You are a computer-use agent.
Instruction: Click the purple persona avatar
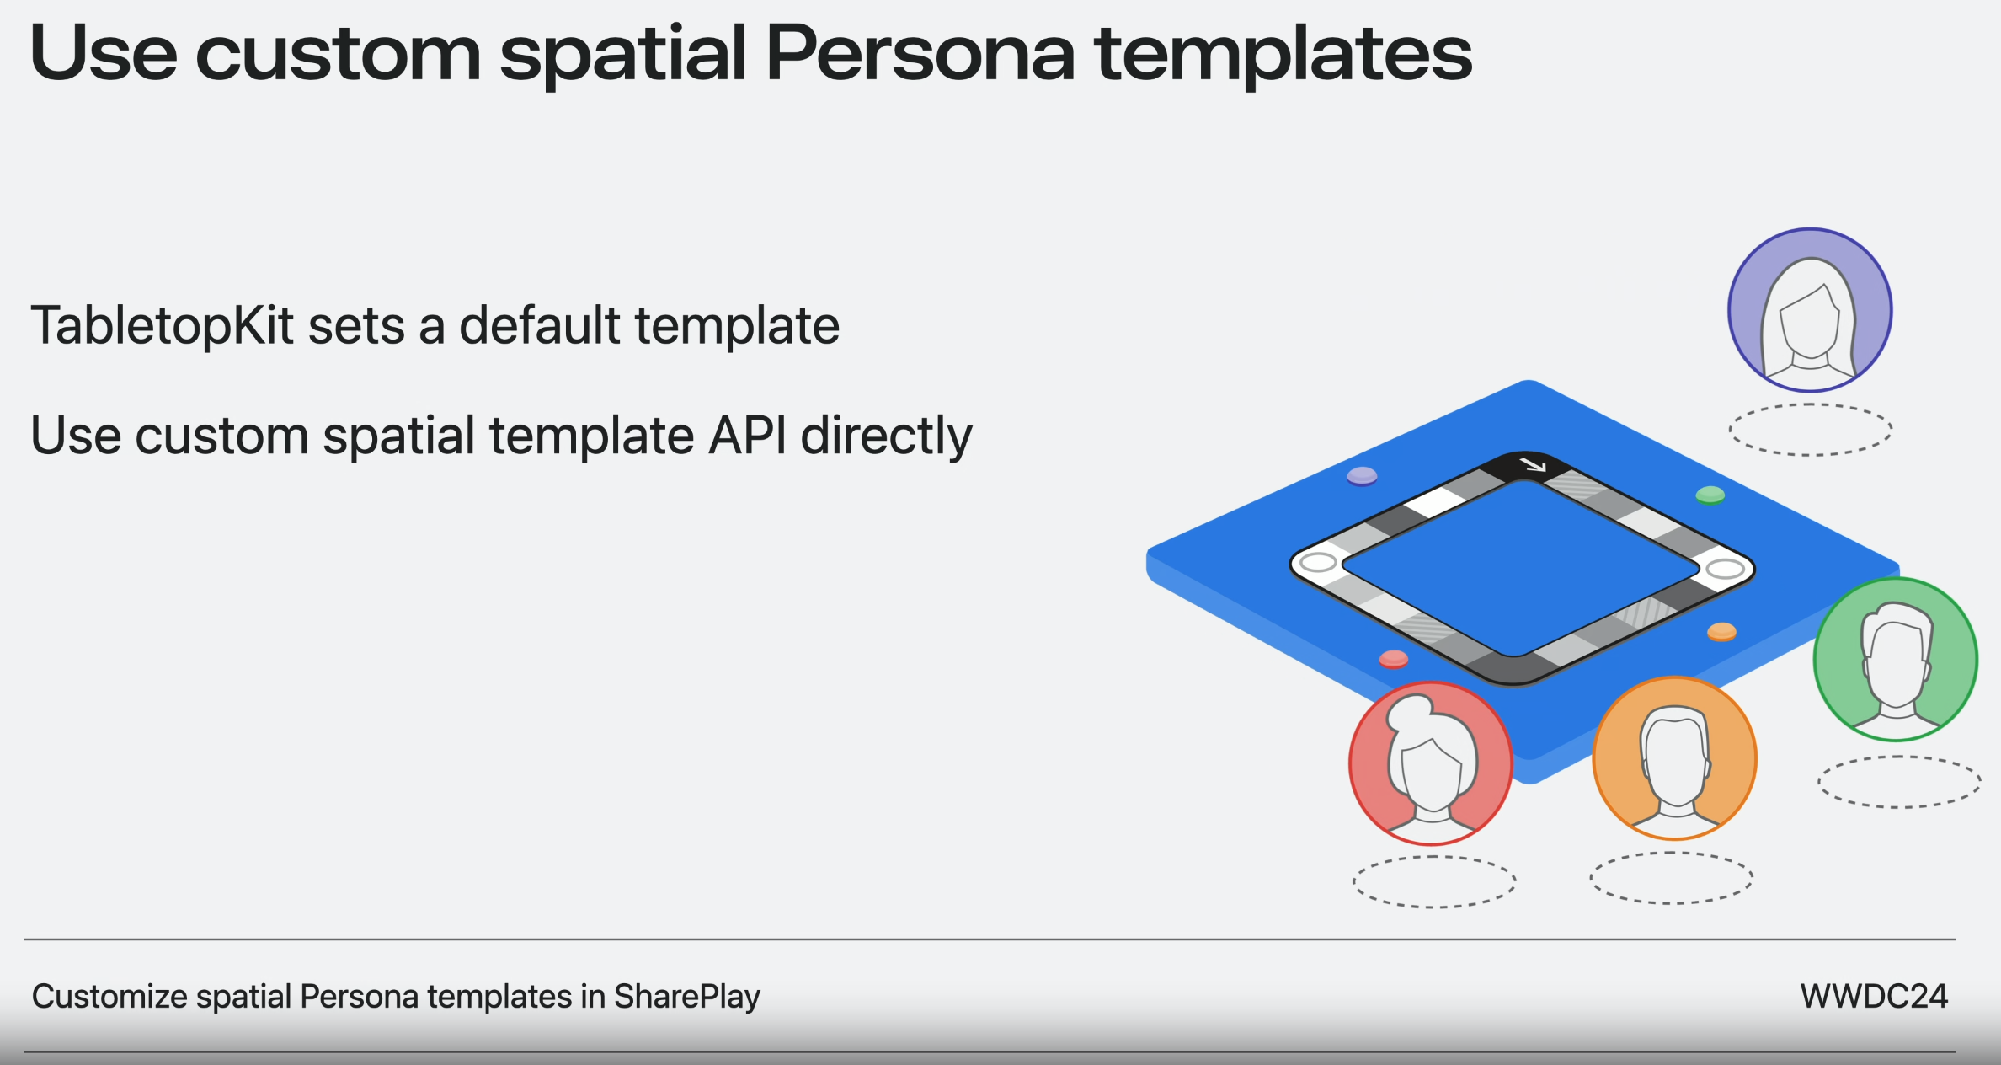coord(1810,310)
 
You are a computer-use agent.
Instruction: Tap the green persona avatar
coord(1895,659)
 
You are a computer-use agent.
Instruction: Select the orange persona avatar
coord(1674,758)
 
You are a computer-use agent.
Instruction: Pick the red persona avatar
coord(1431,763)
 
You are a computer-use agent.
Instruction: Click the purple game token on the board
coord(1362,476)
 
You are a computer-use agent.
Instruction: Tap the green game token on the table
coord(1710,495)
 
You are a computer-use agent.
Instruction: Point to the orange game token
coord(1721,631)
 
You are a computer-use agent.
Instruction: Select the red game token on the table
coord(1394,658)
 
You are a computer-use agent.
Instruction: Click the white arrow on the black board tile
coord(1532,464)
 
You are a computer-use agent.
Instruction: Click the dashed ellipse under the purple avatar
coord(1810,430)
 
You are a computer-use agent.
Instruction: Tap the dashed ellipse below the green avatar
coord(1898,782)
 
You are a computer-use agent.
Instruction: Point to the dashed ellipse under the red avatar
coord(1434,881)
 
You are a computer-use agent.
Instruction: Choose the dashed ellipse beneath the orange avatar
coord(1671,878)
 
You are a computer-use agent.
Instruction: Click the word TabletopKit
coord(162,326)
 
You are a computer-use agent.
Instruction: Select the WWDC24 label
coord(1873,997)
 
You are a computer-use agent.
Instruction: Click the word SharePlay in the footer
coord(686,997)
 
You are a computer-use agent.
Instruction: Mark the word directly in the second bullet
coord(886,437)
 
